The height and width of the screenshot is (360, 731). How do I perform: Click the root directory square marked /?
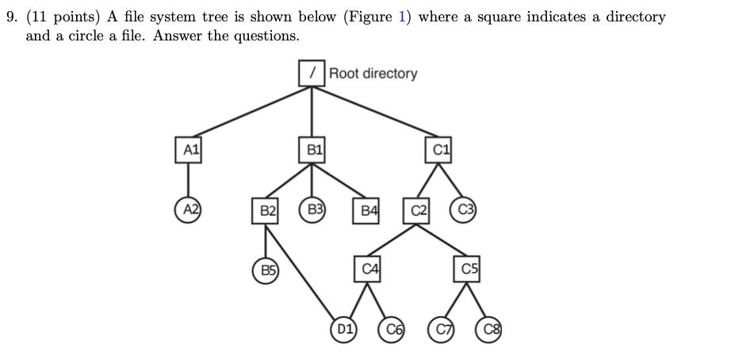(312, 73)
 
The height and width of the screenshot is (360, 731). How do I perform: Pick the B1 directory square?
(312, 148)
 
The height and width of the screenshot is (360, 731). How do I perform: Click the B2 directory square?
(267, 210)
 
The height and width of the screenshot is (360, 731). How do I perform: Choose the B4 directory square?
(367, 210)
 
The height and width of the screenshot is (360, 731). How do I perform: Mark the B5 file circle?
(267, 269)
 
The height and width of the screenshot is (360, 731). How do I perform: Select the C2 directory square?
(419, 210)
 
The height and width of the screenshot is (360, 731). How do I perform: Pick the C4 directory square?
(367, 270)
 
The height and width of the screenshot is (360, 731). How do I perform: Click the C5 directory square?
(469, 270)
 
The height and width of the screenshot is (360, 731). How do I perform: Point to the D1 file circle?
(343, 327)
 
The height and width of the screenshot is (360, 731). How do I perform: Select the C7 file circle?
(441, 327)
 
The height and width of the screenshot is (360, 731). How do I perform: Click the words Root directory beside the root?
(373, 74)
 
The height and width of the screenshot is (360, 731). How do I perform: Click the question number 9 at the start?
(11, 17)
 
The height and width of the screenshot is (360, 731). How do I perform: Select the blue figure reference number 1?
(402, 17)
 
